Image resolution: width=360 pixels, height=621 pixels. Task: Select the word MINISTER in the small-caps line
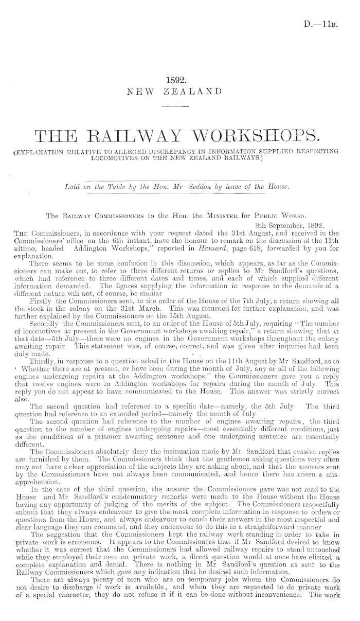209,201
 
